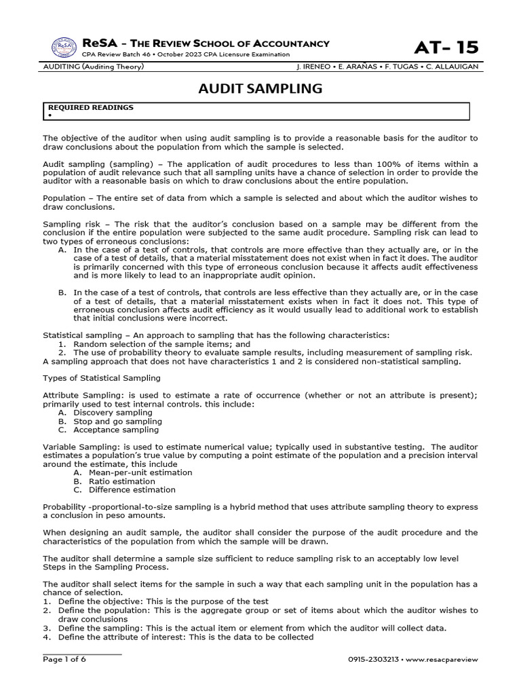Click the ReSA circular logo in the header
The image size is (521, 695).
point(64,48)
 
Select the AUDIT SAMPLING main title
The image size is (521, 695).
point(260,89)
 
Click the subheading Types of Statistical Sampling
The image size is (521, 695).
point(102,377)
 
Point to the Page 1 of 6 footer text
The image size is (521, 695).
point(64,659)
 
